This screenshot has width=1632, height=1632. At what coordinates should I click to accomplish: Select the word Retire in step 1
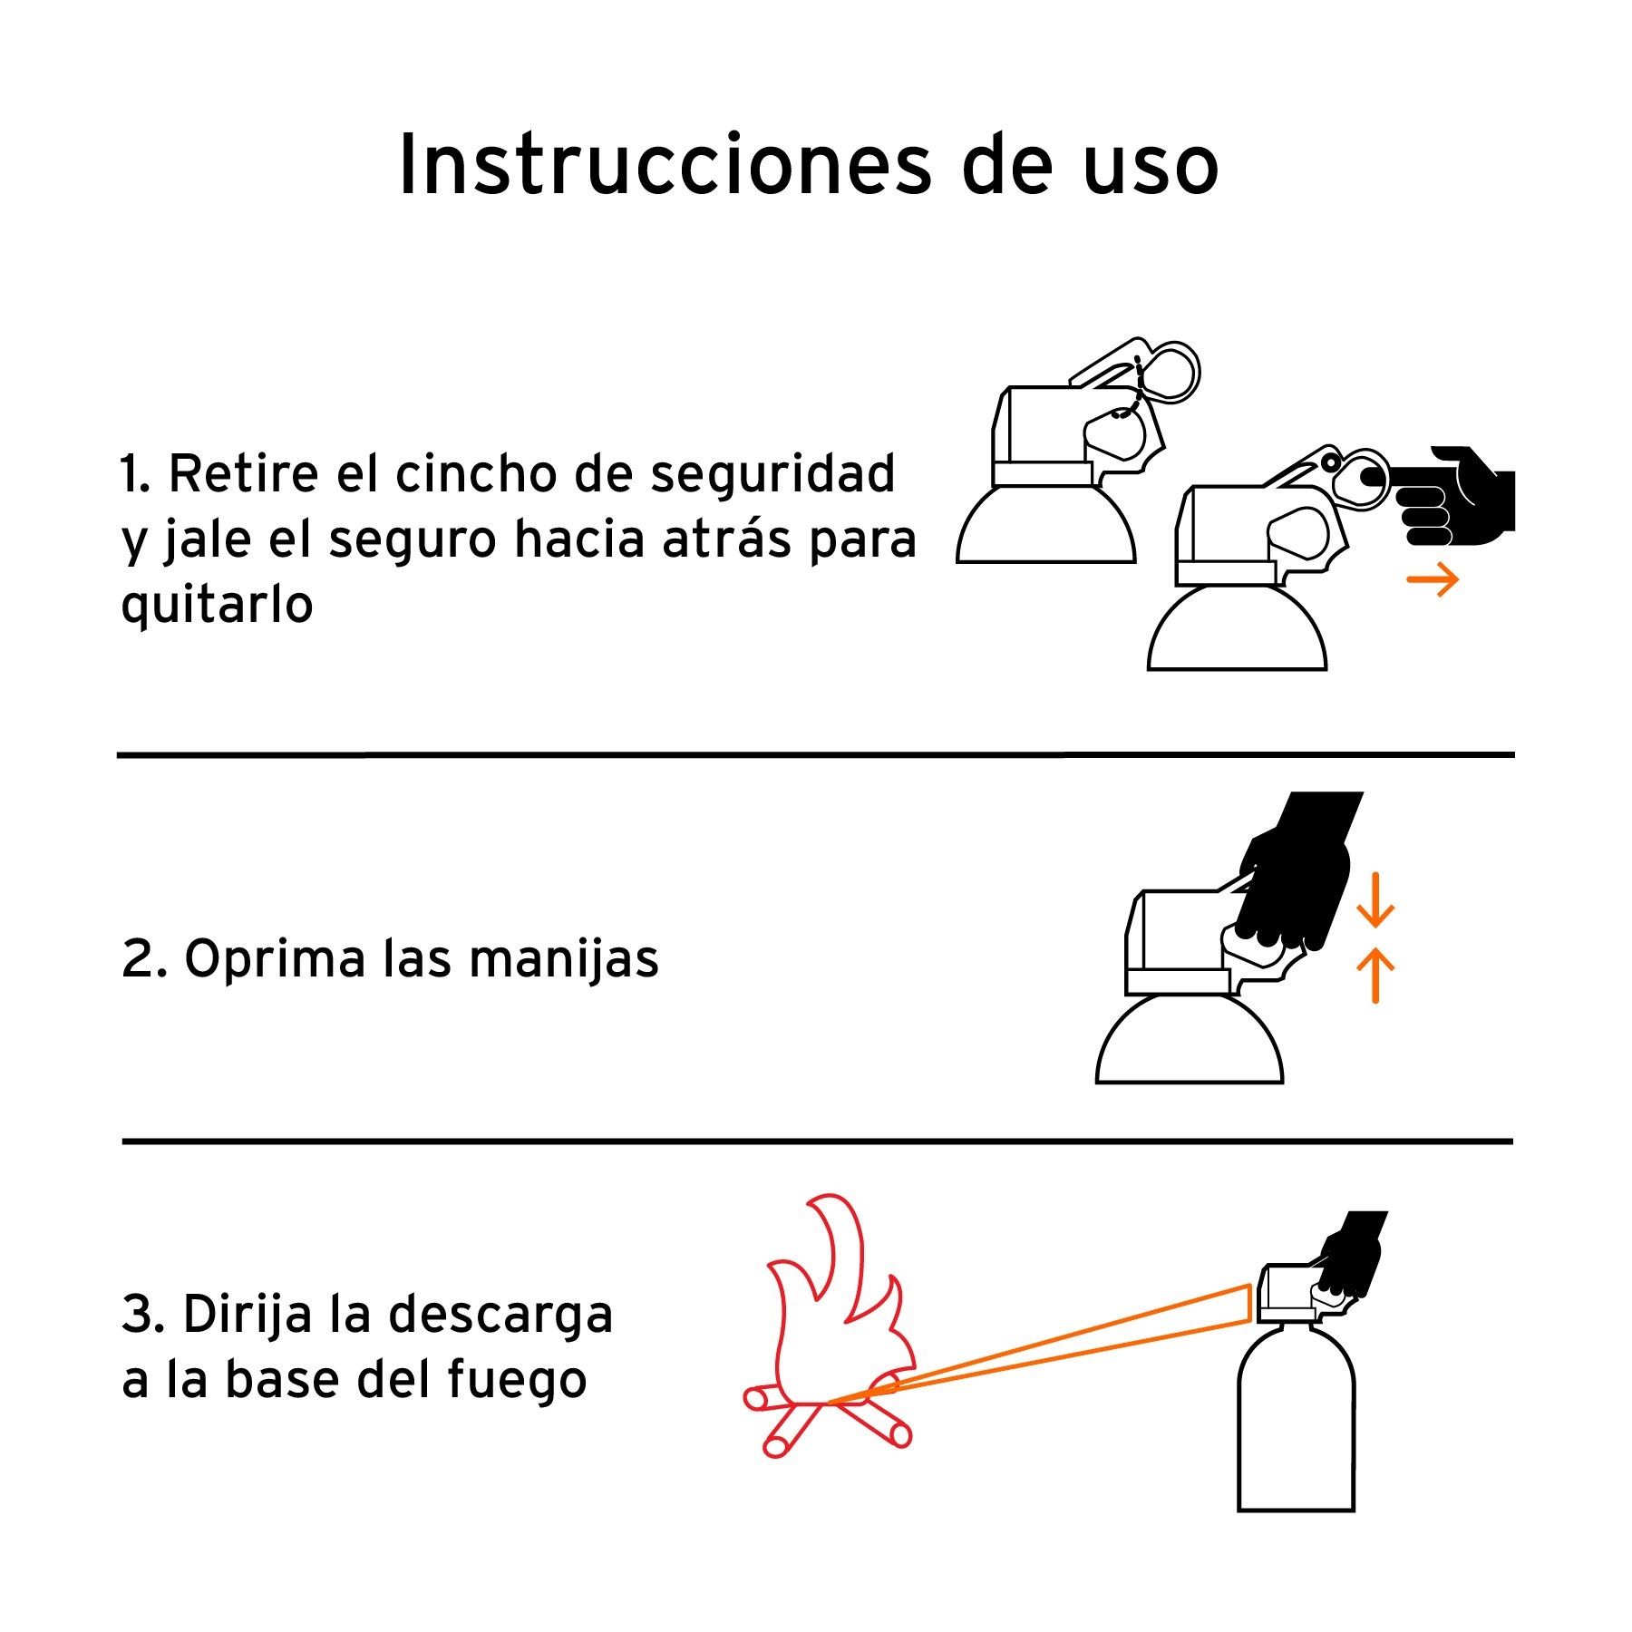point(244,473)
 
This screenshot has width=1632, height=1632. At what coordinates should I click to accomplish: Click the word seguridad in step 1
point(772,474)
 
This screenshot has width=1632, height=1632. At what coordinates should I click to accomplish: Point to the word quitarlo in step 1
point(217,604)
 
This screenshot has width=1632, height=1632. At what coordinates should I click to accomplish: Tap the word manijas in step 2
point(564,959)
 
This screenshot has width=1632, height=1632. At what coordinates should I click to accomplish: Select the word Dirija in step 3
point(248,1315)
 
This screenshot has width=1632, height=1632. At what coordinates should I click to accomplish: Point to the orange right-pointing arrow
point(1433,579)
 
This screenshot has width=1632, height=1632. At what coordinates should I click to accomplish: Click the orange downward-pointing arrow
point(1375,900)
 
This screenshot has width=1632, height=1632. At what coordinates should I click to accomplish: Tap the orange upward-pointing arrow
point(1375,976)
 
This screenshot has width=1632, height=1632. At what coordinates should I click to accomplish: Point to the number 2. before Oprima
point(144,959)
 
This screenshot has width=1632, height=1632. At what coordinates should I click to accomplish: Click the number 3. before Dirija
point(143,1315)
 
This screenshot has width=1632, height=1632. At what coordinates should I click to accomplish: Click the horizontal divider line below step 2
point(818,1141)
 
